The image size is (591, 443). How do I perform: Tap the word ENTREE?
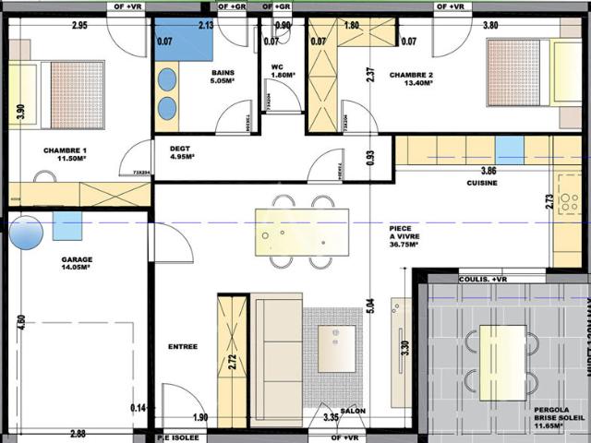point(183,347)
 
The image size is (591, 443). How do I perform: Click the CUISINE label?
point(482,183)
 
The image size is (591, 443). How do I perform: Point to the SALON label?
point(353,411)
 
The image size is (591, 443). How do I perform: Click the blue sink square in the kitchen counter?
point(509,150)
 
